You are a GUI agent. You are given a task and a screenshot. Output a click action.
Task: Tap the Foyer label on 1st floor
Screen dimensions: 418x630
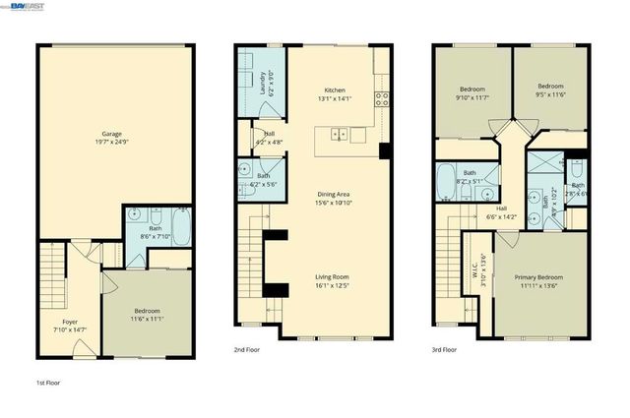coord(70,322)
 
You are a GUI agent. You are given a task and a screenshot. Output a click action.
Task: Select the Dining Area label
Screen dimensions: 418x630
coord(334,194)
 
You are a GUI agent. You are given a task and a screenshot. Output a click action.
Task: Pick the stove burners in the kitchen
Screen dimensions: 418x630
coord(380,97)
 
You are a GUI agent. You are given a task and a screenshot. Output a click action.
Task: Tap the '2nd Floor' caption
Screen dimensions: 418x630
coord(248,349)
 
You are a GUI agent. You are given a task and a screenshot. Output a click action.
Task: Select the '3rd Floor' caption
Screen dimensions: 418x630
coord(444,349)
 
